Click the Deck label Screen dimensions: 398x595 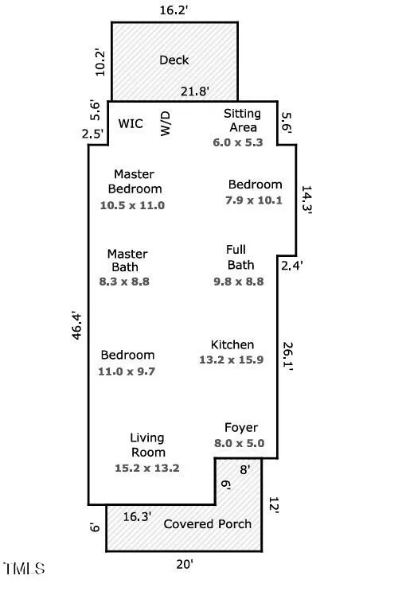174,60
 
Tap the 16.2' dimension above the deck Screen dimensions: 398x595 174,10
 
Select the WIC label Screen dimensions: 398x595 131,123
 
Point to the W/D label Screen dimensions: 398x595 166,123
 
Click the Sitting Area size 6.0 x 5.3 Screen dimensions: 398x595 238,142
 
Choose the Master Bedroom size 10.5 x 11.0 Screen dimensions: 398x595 132,205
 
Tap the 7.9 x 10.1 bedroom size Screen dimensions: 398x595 254,200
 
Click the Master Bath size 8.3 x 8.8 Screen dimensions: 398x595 124,282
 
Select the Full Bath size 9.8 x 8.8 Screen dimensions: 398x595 239,282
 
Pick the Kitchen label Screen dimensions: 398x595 232,344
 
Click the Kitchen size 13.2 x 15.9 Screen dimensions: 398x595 232,360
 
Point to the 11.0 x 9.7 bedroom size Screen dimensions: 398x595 127,371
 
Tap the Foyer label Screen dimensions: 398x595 241,428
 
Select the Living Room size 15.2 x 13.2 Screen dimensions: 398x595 147,468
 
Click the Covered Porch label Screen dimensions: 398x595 207,524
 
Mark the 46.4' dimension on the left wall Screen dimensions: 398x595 76,326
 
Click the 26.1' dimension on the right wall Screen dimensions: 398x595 287,356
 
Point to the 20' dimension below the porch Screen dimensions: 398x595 185,564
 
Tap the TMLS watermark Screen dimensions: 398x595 25,569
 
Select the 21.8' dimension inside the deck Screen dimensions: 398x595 195,91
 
